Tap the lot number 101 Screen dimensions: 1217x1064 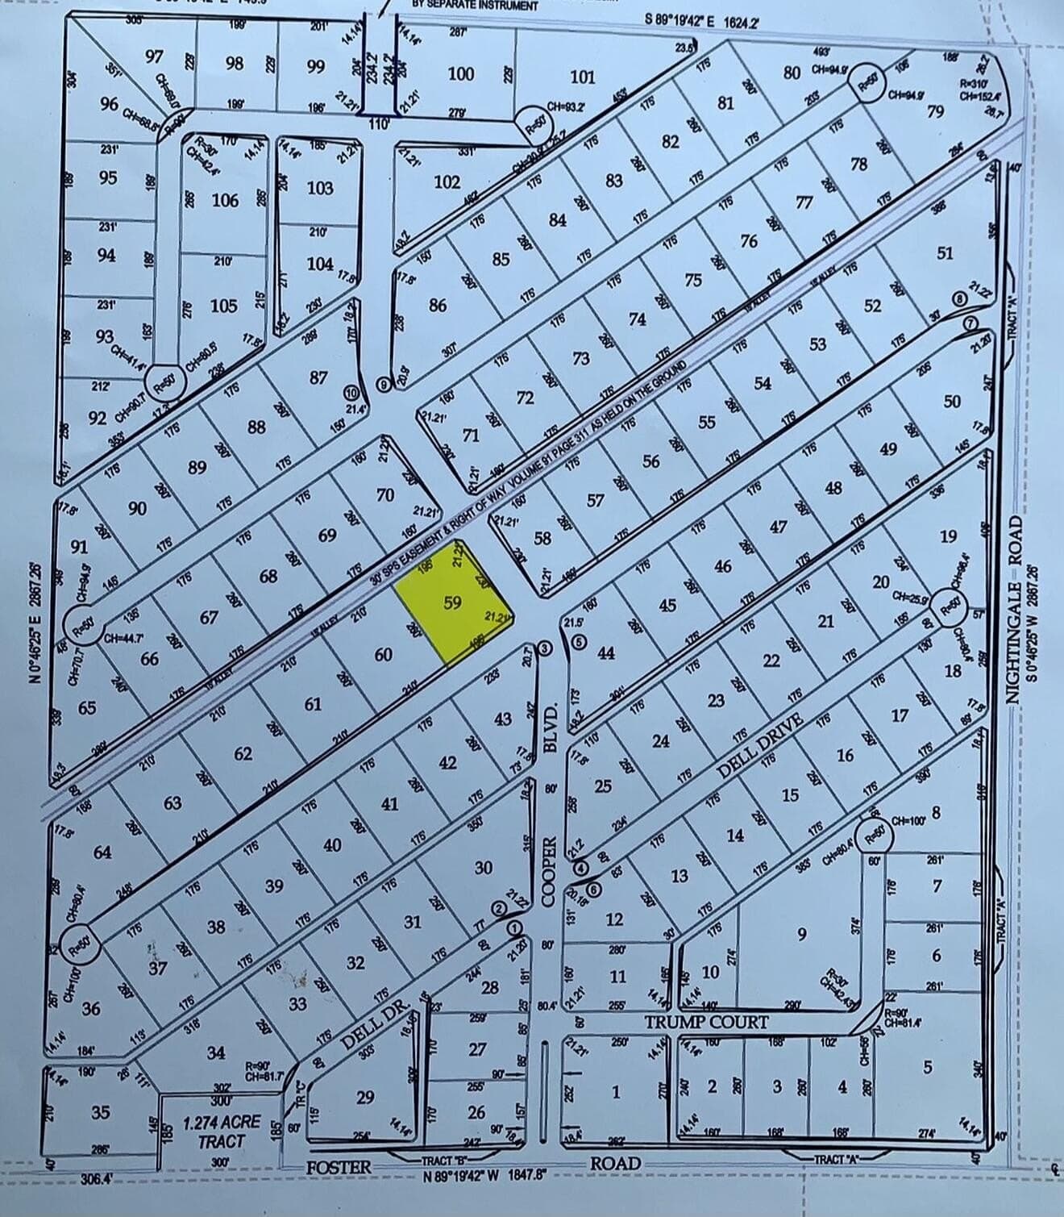[582, 77]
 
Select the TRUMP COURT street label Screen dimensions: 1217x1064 [706, 1022]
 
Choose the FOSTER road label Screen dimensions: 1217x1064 [339, 1166]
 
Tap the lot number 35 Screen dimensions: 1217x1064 [100, 1112]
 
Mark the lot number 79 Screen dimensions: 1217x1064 [934, 111]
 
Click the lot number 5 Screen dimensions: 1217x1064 [927, 1067]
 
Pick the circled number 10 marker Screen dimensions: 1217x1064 [351, 393]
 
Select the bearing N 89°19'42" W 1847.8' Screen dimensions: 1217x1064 [486, 1174]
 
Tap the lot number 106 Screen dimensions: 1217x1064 [225, 200]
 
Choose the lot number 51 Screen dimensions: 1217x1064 [945, 253]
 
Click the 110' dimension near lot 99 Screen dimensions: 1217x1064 [378, 124]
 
